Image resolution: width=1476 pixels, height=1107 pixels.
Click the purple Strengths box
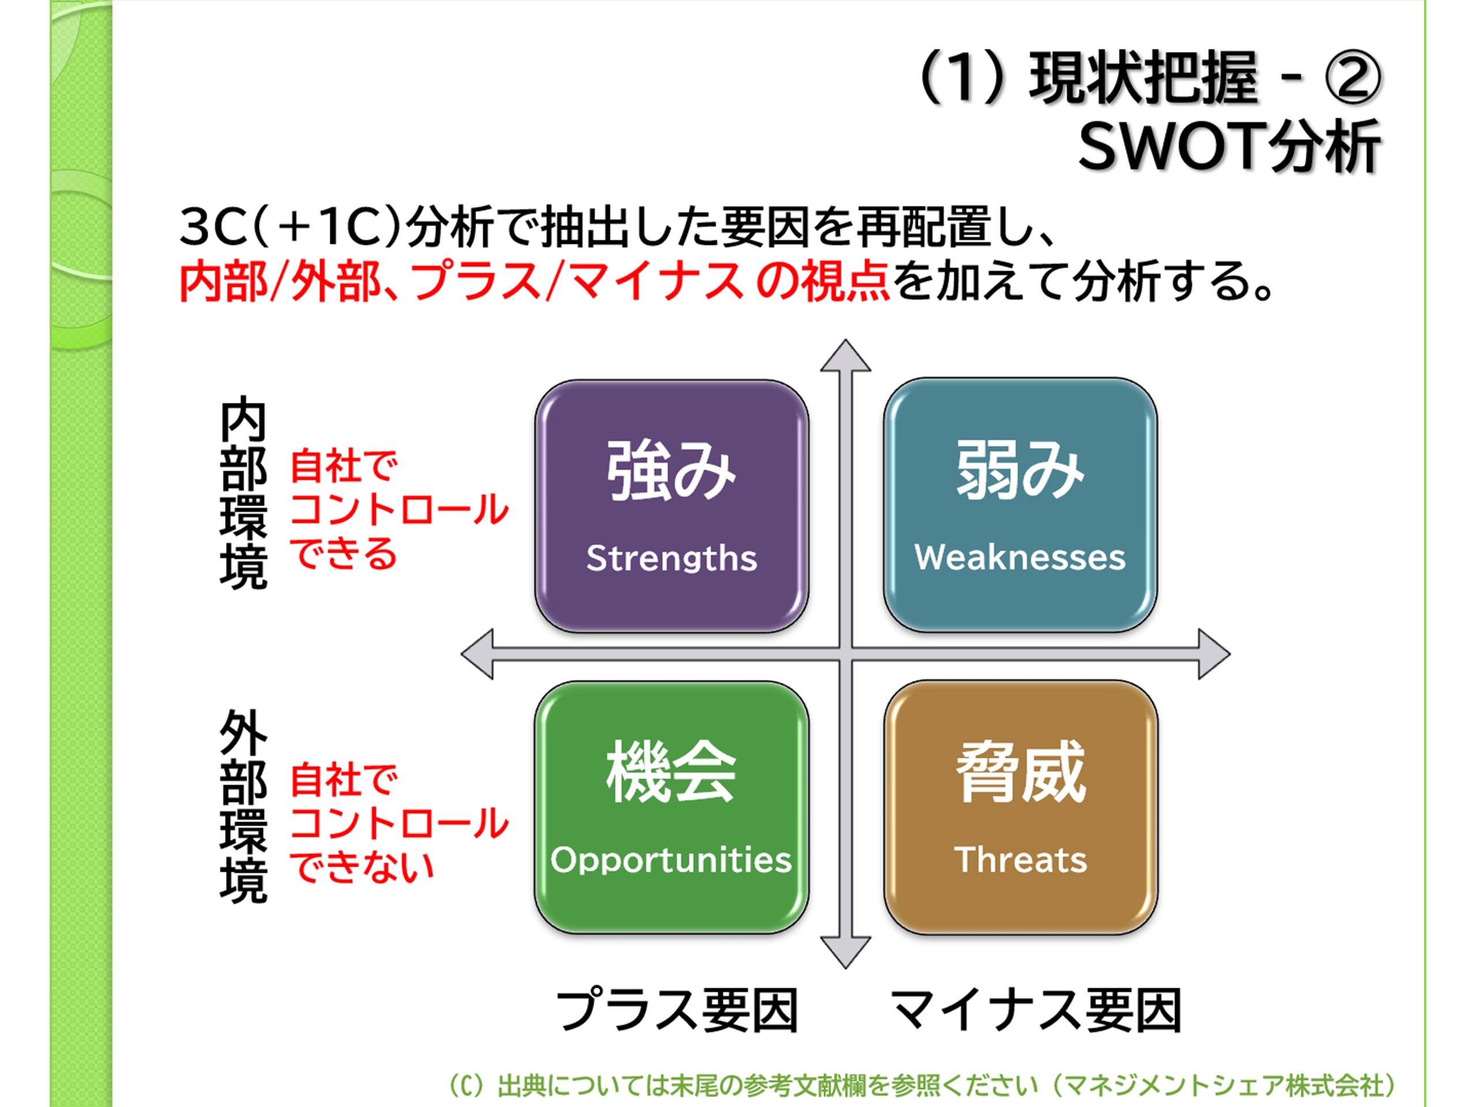tap(671, 506)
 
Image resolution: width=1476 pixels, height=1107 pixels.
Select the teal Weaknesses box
tap(1021, 506)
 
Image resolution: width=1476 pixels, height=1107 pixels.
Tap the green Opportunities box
tap(671, 807)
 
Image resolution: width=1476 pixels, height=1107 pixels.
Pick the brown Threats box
tap(1021, 807)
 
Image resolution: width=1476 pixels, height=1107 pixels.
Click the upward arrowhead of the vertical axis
tap(845, 357)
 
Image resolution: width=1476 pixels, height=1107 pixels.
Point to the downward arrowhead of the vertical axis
tap(845, 951)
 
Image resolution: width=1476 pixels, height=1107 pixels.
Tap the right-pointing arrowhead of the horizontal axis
tap(1213, 654)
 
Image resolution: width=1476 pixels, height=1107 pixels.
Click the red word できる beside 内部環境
tap(344, 554)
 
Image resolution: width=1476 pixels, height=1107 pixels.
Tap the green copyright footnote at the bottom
tap(921, 1086)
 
